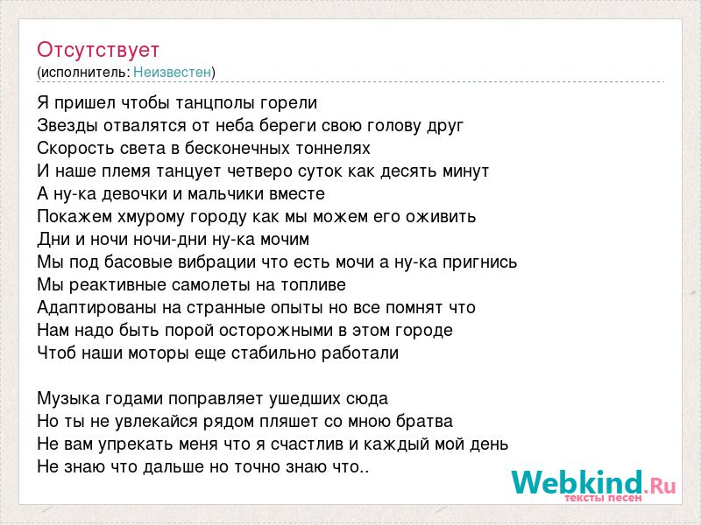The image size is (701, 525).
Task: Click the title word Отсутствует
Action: (x=98, y=50)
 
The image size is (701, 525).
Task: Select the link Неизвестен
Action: (x=172, y=72)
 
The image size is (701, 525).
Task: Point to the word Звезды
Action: (x=67, y=126)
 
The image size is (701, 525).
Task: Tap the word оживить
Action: (x=441, y=216)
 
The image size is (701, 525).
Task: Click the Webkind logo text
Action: (x=594, y=482)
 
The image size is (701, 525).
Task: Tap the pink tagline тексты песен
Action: (x=604, y=497)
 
